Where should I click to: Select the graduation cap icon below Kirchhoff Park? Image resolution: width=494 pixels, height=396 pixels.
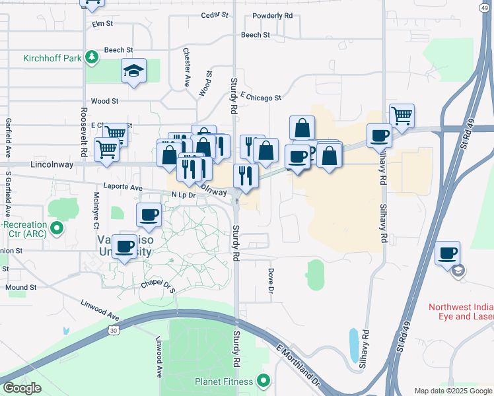click(133, 71)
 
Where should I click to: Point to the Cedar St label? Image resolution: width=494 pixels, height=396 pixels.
click(215, 15)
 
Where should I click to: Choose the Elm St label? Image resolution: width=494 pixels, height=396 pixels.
click(103, 24)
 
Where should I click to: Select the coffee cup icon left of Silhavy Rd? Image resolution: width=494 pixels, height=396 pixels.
click(380, 135)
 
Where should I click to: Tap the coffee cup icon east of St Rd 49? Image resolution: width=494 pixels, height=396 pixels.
click(447, 253)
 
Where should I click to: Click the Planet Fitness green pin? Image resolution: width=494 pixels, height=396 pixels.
click(264, 381)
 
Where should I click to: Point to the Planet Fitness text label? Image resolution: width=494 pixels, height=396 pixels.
click(224, 381)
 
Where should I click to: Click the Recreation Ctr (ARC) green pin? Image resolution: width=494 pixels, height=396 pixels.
click(57, 230)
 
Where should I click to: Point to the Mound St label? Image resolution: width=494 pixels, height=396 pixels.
click(21, 288)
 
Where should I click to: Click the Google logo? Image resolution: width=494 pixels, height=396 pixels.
click(22, 388)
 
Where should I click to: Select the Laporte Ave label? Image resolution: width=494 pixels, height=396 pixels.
click(123, 187)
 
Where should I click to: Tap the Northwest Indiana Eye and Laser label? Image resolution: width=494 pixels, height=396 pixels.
click(461, 312)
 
